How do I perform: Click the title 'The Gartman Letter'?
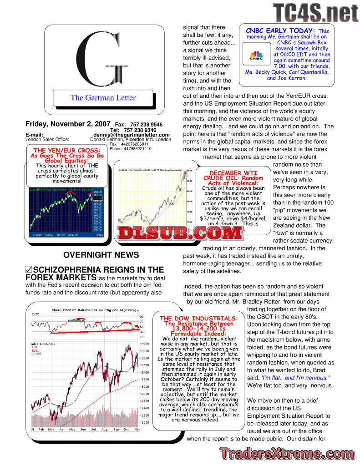(x=103, y=98)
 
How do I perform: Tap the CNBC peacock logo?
(x=257, y=56)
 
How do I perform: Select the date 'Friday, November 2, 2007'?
(x=68, y=124)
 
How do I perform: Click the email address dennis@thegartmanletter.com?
(x=132, y=135)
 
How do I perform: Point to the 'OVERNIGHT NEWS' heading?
(x=101, y=255)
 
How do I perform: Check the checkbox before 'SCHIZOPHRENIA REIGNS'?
(x=29, y=270)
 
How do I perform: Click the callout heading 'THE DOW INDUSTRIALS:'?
(x=198, y=318)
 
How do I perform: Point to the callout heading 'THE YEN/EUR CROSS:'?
(x=67, y=151)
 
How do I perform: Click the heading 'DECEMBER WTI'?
(x=233, y=173)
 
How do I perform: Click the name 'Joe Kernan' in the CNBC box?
(x=293, y=78)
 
